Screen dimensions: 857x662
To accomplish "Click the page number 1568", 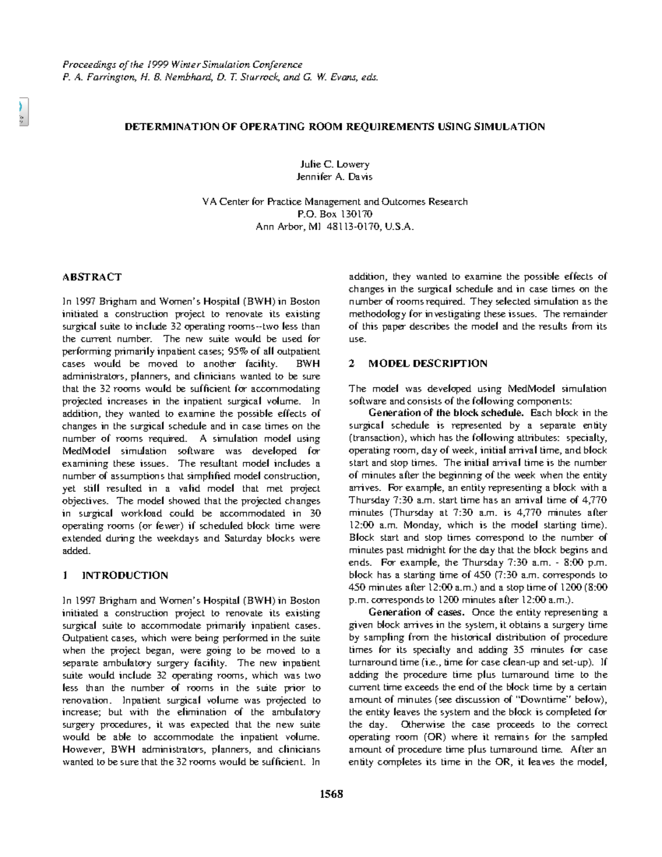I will click(x=331, y=794).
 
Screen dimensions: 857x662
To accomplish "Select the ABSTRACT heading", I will click(x=92, y=277).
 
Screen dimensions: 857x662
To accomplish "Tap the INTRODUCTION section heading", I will click(x=125, y=575).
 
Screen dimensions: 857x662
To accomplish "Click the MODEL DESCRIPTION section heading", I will click(x=428, y=364).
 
